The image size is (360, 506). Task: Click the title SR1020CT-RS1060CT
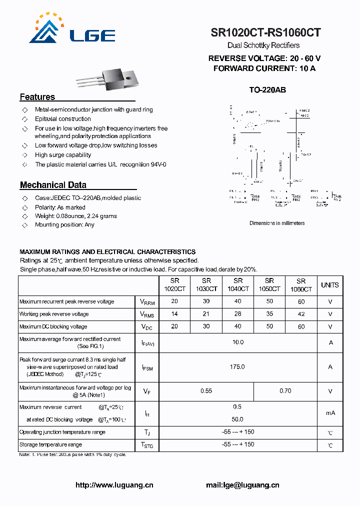[x=265, y=33]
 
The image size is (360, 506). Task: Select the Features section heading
[x=37, y=97]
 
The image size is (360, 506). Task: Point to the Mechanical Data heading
[x=53, y=185]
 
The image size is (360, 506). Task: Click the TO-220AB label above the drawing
[x=267, y=90]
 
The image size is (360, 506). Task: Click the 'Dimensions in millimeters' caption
[x=277, y=223]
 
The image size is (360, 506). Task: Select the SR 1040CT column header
[x=238, y=285]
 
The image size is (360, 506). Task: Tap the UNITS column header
[x=329, y=285]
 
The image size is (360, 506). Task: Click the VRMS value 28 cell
[x=238, y=314]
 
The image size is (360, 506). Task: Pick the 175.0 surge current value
[x=237, y=367]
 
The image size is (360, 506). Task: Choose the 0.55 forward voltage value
[x=206, y=391]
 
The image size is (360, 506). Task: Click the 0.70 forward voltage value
[x=285, y=391]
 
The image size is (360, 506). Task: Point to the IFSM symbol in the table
[x=147, y=367]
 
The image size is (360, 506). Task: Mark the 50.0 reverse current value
[x=237, y=419]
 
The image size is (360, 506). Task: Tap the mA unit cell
[x=330, y=413]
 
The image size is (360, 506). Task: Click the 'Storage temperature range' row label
[x=50, y=444]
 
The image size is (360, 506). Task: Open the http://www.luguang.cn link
[x=114, y=485]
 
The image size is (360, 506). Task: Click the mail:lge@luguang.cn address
[x=242, y=485]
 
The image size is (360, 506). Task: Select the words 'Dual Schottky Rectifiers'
[x=263, y=45]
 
